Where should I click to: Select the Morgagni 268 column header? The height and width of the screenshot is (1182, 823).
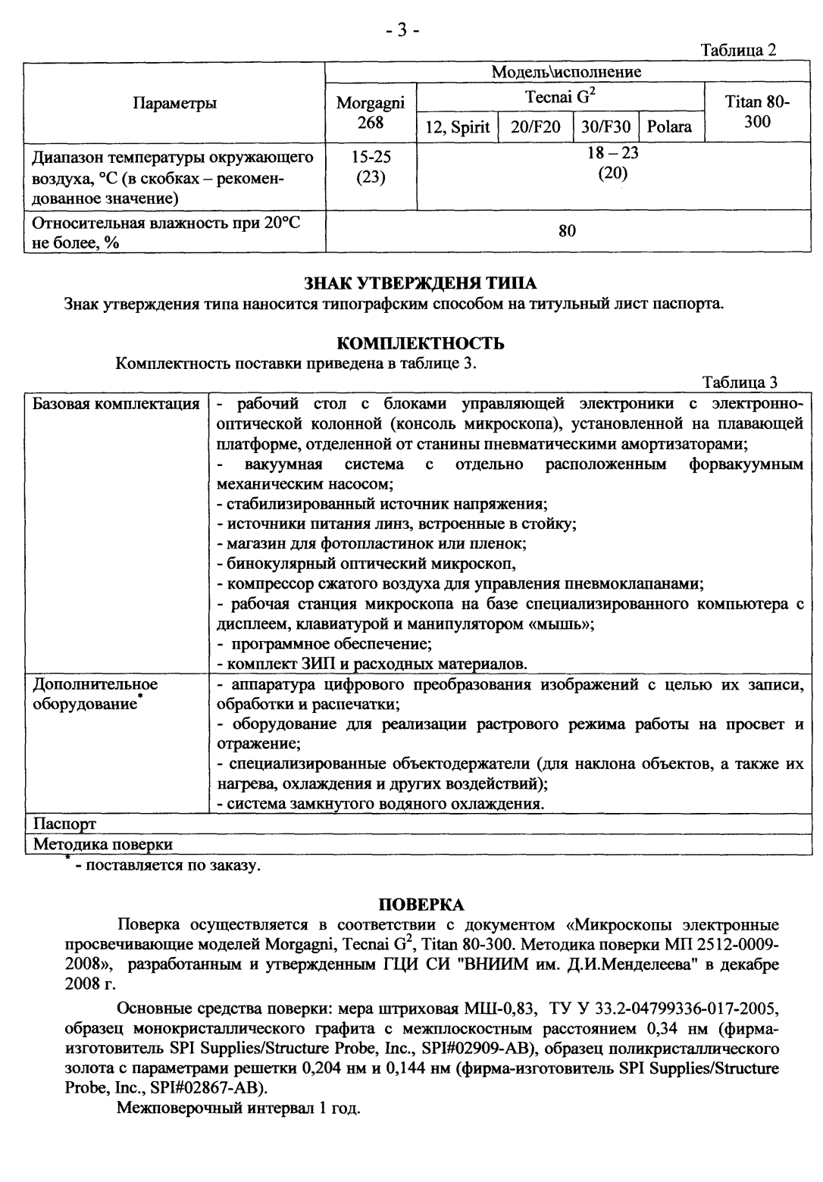tap(371, 112)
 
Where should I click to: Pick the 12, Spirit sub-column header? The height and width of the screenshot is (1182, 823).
tap(457, 127)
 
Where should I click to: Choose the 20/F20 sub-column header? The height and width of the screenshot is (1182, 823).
tap(536, 127)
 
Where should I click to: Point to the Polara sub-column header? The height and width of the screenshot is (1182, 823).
tap(669, 127)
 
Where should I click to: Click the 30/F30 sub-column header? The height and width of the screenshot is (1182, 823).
tap(606, 127)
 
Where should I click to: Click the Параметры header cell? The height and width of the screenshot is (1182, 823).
tap(174, 104)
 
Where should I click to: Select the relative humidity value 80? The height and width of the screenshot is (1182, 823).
tap(567, 231)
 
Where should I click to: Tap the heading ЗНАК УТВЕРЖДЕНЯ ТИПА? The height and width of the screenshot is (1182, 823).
tap(420, 284)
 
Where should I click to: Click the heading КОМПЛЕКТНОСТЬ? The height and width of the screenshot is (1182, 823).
tap(420, 343)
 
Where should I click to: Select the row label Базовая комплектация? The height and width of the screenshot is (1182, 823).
tap(116, 402)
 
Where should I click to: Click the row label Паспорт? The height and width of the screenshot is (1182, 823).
tap(64, 823)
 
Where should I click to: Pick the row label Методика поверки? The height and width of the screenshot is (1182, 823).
tap(102, 843)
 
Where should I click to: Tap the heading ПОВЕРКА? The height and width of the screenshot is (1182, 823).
tap(421, 905)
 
